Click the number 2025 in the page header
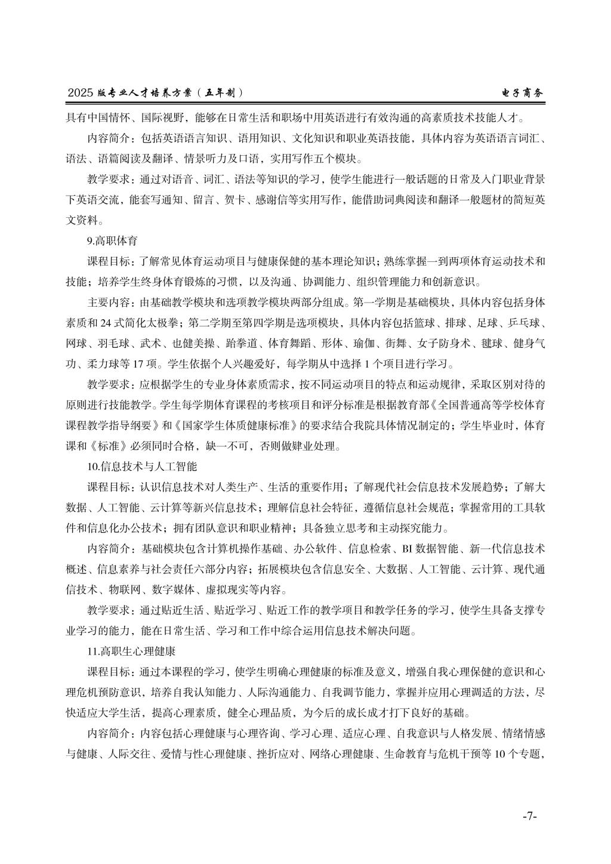point(81,93)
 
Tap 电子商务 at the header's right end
point(523,93)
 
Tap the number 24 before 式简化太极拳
point(106,323)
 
